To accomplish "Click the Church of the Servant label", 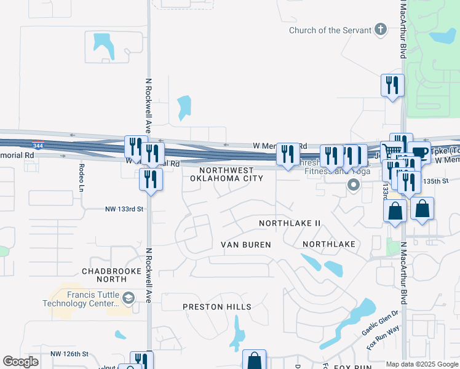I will point(330,30).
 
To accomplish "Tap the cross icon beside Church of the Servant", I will point(381,29).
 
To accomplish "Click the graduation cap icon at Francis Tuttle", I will point(128,299).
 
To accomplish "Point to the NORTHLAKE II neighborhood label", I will point(290,223).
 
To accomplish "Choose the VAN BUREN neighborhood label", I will point(246,245).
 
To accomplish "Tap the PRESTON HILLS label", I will point(217,307).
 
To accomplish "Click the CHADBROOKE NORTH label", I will point(112,275).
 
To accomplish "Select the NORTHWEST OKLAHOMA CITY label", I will point(226,174).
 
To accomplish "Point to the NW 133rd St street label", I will point(123,209).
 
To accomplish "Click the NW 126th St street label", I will point(69,354).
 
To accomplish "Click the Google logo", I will point(20,362).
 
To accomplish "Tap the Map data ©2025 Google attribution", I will point(422,364).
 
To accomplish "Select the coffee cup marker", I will point(419,151).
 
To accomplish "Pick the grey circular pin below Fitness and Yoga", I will point(353,184).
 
